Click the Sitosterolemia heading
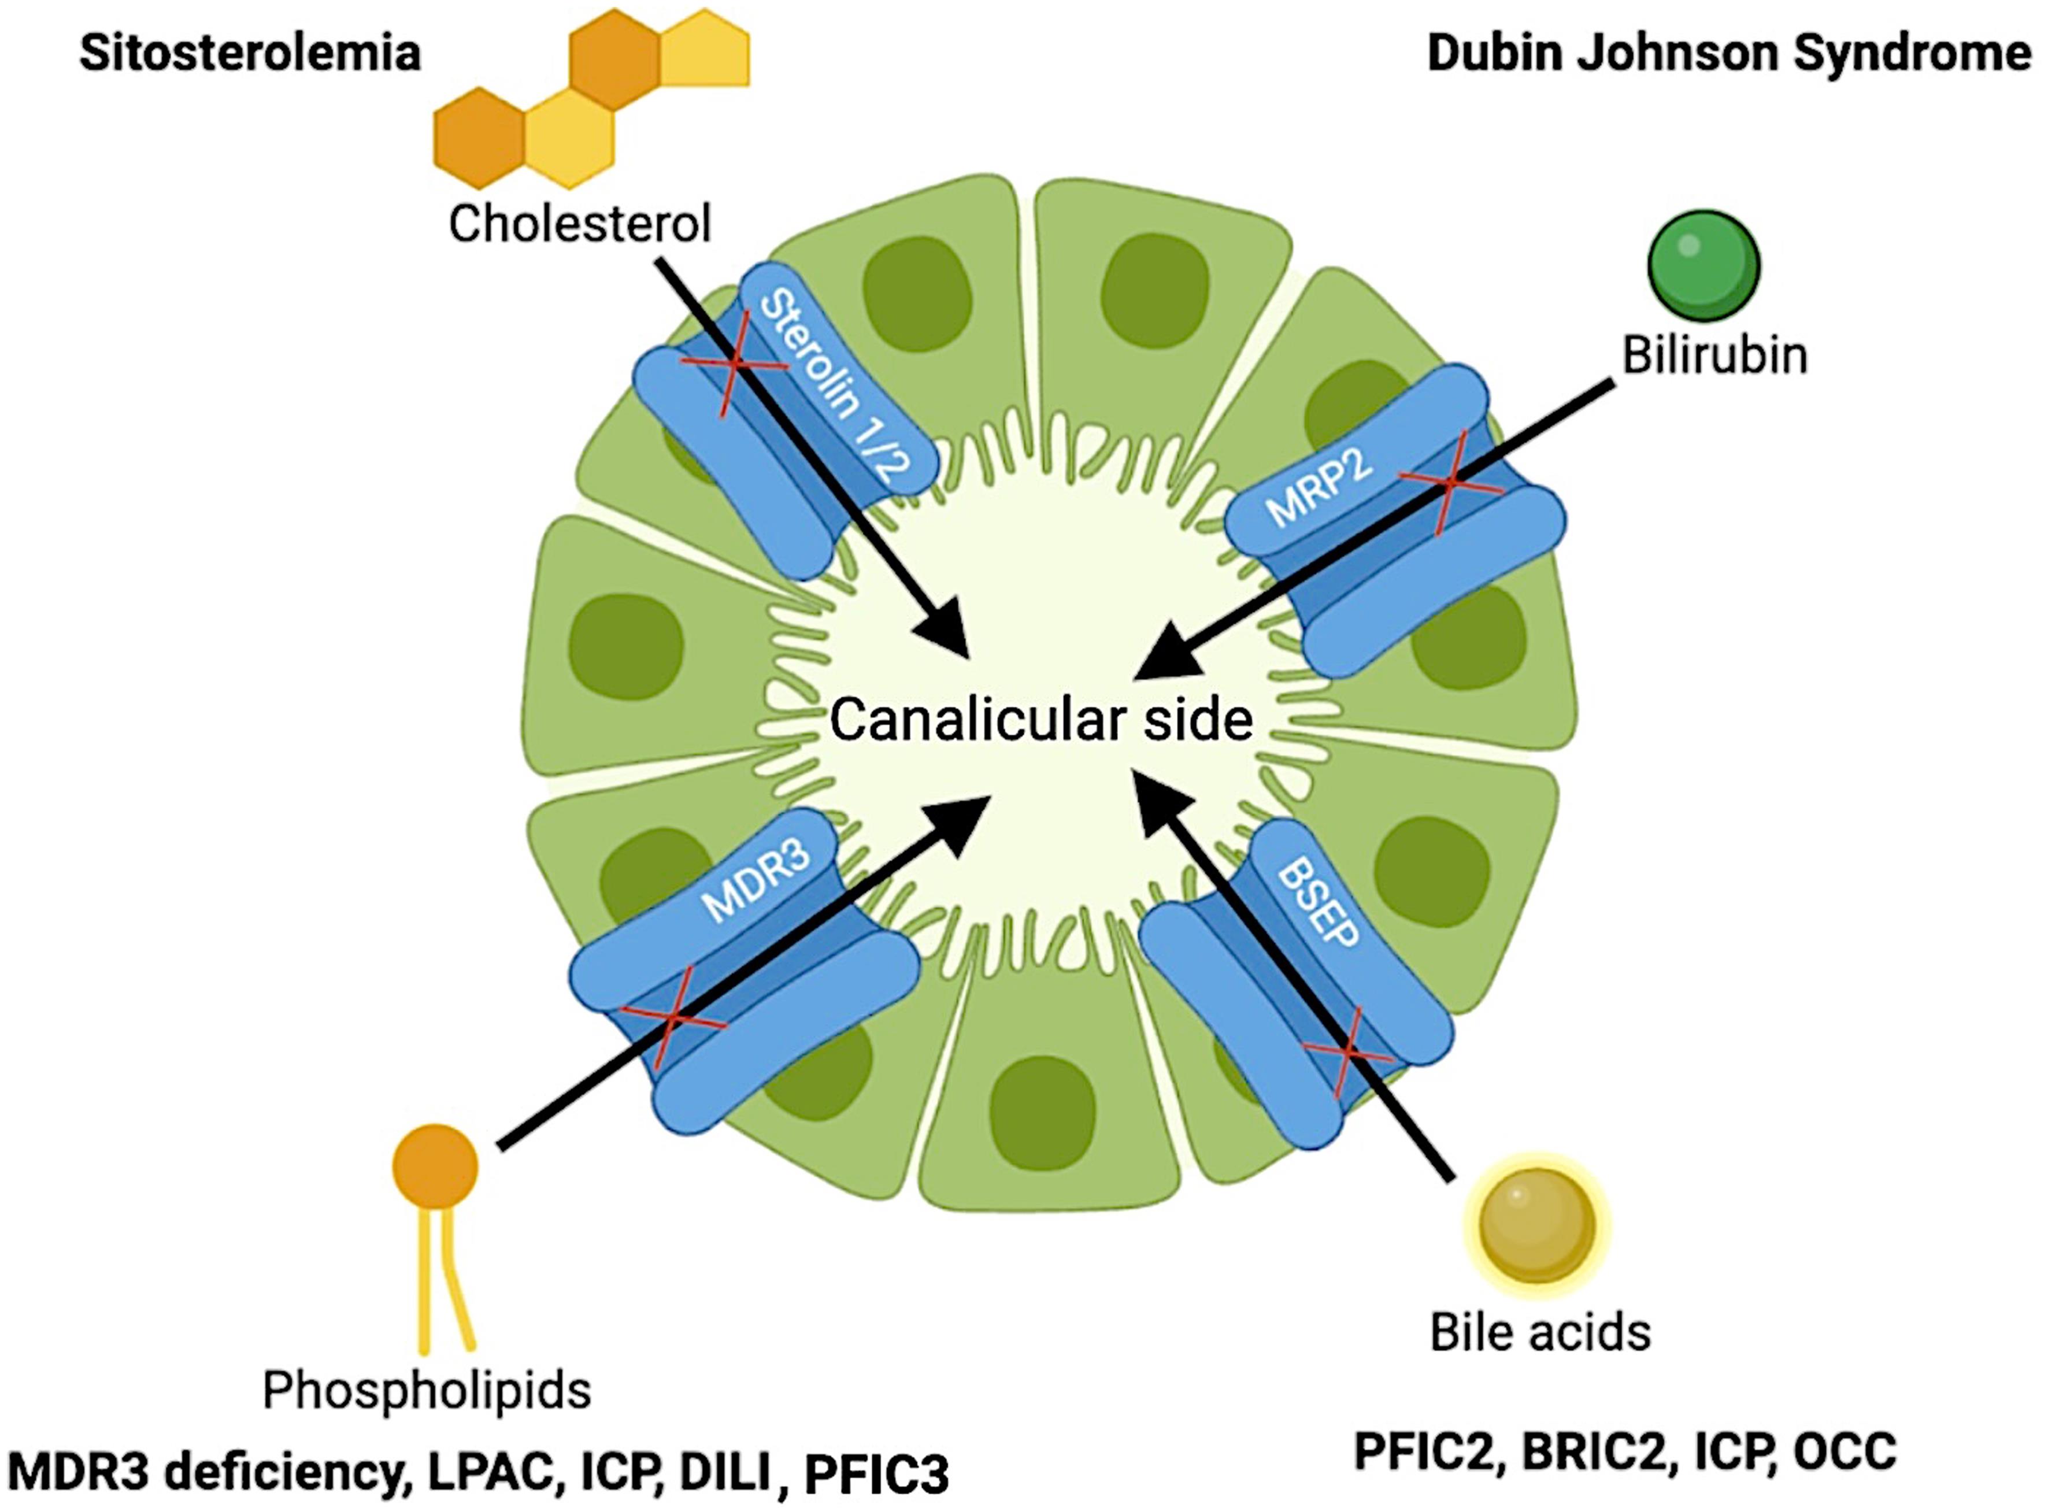click(250, 53)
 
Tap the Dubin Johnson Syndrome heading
click(1729, 53)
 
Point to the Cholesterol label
click(580, 223)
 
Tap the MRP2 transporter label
click(1319, 490)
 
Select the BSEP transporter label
click(1318, 903)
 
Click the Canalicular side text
click(1041, 720)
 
